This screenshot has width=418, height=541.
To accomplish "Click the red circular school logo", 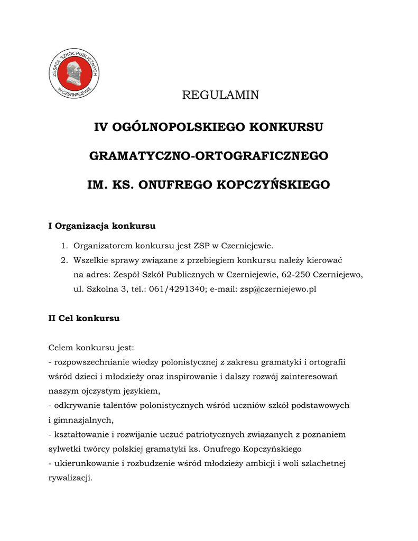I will click(x=74, y=74).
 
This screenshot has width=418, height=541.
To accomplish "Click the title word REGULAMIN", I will click(x=220, y=95).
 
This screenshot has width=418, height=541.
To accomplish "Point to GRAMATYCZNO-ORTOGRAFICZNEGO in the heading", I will click(x=209, y=156).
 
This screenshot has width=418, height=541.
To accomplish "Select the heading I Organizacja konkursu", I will click(x=102, y=226).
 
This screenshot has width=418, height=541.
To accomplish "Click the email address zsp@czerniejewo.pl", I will click(x=278, y=290).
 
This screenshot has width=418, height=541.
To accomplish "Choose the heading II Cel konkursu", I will click(x=84, y=319).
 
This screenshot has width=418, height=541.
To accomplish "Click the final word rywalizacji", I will click(x=70, y=478).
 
